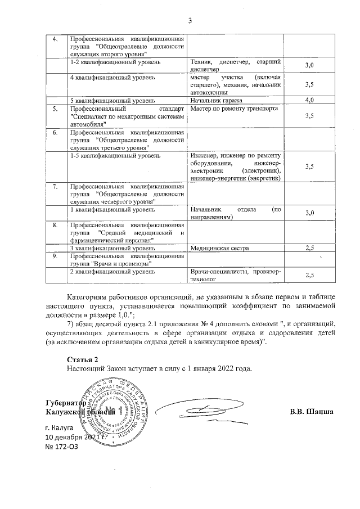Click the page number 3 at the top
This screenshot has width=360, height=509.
(190, 22)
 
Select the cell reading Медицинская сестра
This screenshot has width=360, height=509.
(213, 247)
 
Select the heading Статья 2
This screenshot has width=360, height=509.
(82, 359)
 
